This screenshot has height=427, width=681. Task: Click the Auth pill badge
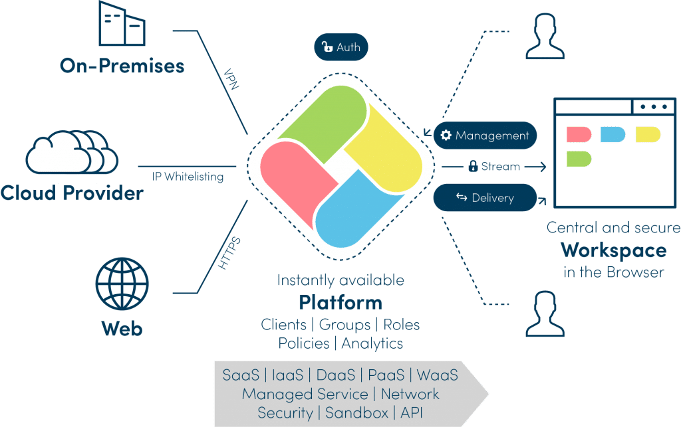pos(340,47)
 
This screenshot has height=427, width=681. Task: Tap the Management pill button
pos(485,135)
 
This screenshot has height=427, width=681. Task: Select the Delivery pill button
pos(485,197)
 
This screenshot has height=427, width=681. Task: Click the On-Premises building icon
pos(122,24)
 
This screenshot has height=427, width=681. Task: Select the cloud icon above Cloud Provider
pos(72,152)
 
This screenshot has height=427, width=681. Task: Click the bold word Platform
pos(340,303)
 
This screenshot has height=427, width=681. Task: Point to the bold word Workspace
pos(613,251)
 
